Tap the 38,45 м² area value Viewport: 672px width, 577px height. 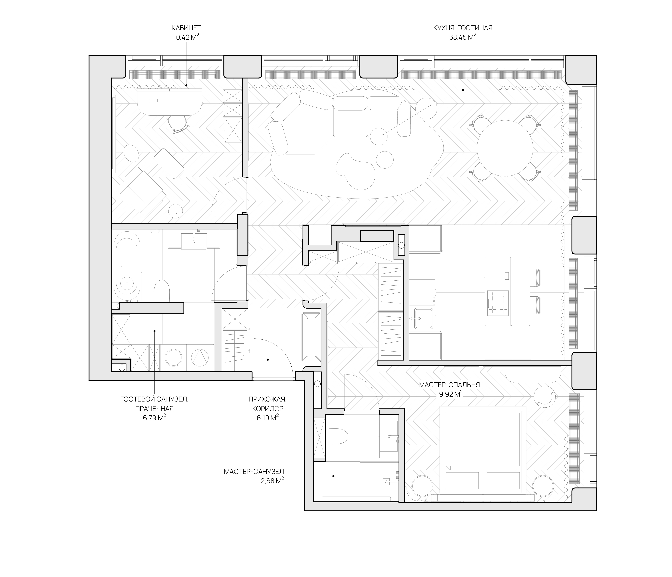point(463,37)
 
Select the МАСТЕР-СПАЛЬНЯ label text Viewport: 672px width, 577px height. point(449,385)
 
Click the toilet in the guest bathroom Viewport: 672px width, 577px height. point(162,290)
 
